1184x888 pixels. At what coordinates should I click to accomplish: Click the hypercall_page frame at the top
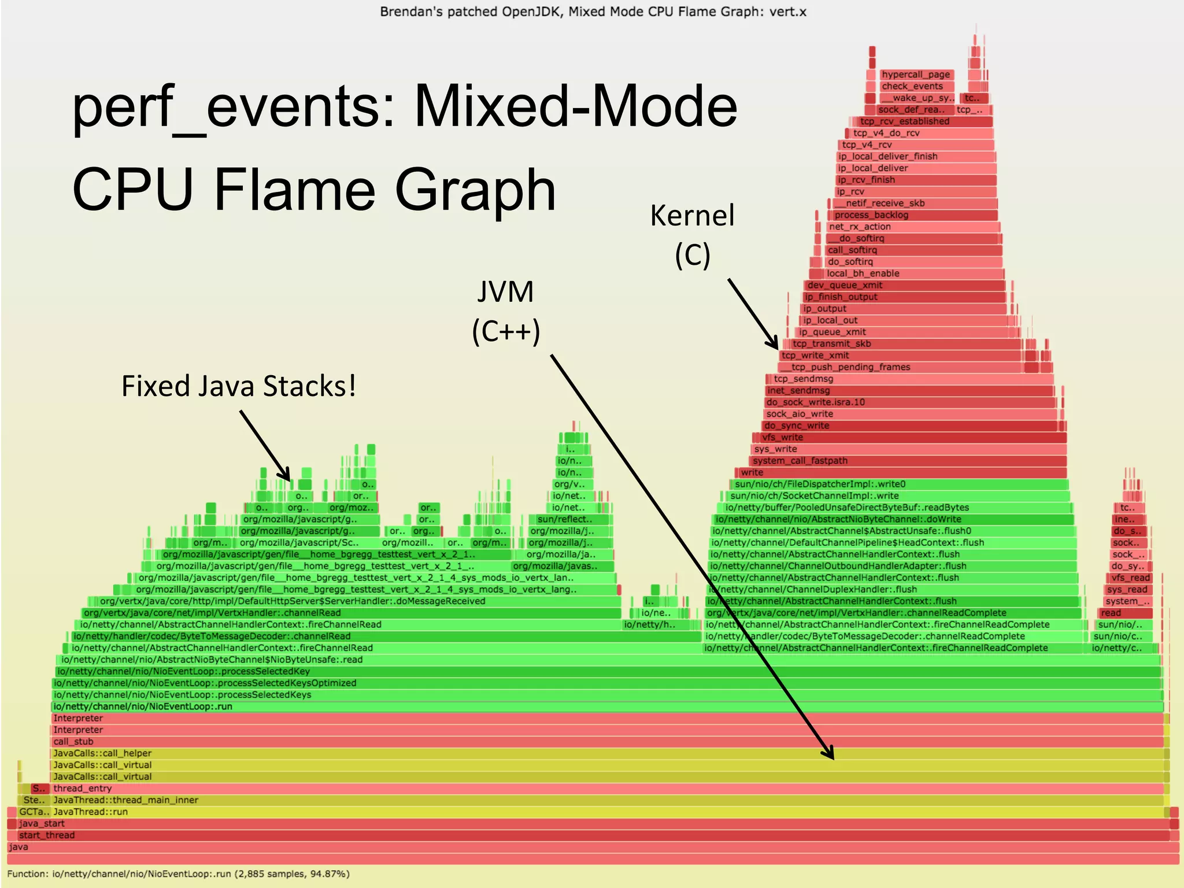click(x=916, y=75)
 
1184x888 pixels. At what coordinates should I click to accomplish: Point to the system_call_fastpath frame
click(x=908, y=461)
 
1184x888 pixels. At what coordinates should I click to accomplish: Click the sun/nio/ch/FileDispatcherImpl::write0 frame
click(x=899, y=484)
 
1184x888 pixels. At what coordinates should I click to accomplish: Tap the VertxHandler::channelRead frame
click(x=347, y=613)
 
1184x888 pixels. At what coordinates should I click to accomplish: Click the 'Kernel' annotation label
click(x=692, y=216)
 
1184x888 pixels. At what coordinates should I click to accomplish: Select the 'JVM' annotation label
click(x=505, y=292)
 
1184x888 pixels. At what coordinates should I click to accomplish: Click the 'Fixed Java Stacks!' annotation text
click(x=238, y=386)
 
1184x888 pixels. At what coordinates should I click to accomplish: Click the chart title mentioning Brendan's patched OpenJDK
click(x=593, y=12)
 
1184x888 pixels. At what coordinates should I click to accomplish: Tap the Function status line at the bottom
click(x=178, y=874)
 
